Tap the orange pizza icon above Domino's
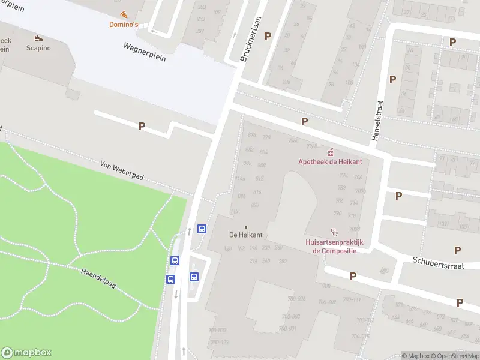tap(123, 14)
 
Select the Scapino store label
tap(38, 48)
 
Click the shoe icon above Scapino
tap(38, 38)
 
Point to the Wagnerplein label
tap(144, 52)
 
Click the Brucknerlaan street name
tap(251, 40)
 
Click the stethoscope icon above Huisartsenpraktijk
tap(334, 232)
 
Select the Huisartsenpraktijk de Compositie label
tap(334, 247)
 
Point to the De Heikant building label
tap(246, 235)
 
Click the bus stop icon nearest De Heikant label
tap(202, 229)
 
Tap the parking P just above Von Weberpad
tap(142, 126)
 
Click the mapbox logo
tap(26, 353)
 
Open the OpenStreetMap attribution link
tap(458, 356)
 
